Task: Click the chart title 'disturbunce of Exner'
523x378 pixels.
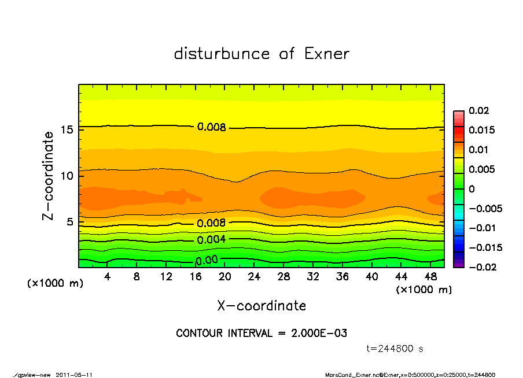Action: coord(261,54)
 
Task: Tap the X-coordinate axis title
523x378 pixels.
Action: coord(261,306)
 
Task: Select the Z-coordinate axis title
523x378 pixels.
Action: coord(49,175)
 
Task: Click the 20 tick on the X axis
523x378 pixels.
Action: coord(225,277)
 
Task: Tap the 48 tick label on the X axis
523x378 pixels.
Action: coord(430,277)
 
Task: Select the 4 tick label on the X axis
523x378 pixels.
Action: coord(108,277)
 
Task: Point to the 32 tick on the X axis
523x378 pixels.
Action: coord(313,277)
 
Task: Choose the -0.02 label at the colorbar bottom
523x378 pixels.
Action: coord(481,267)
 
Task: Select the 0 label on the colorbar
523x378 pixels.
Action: coord(472,189)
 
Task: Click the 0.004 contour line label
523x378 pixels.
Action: coord(211,240)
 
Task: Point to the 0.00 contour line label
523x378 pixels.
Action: coord(207,260)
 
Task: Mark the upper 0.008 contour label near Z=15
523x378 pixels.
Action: coord(211,127)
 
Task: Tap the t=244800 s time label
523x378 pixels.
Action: coord(395,349)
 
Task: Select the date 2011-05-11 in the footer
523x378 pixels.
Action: coord(74,375)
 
